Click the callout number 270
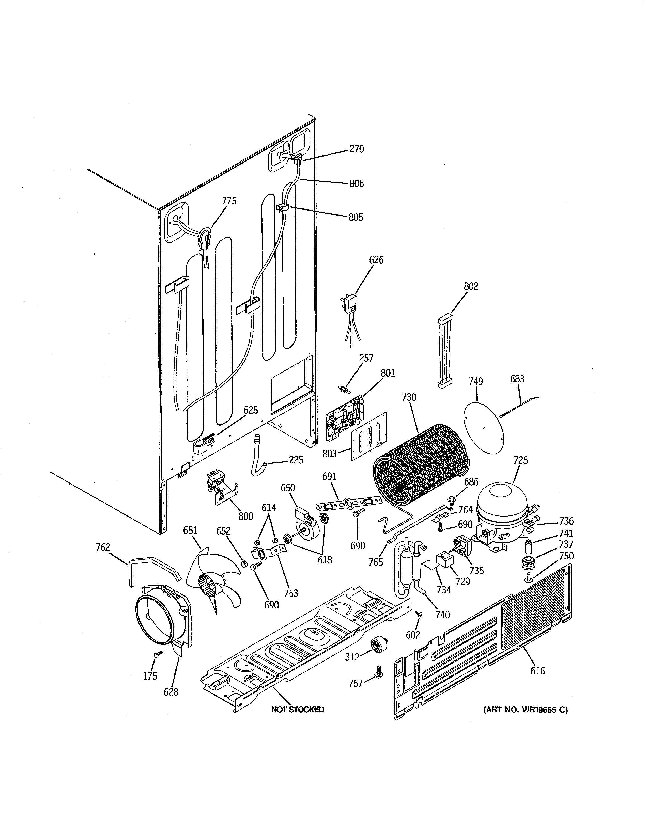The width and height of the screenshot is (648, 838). (356, 149)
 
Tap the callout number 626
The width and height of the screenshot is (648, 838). (376, 260)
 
